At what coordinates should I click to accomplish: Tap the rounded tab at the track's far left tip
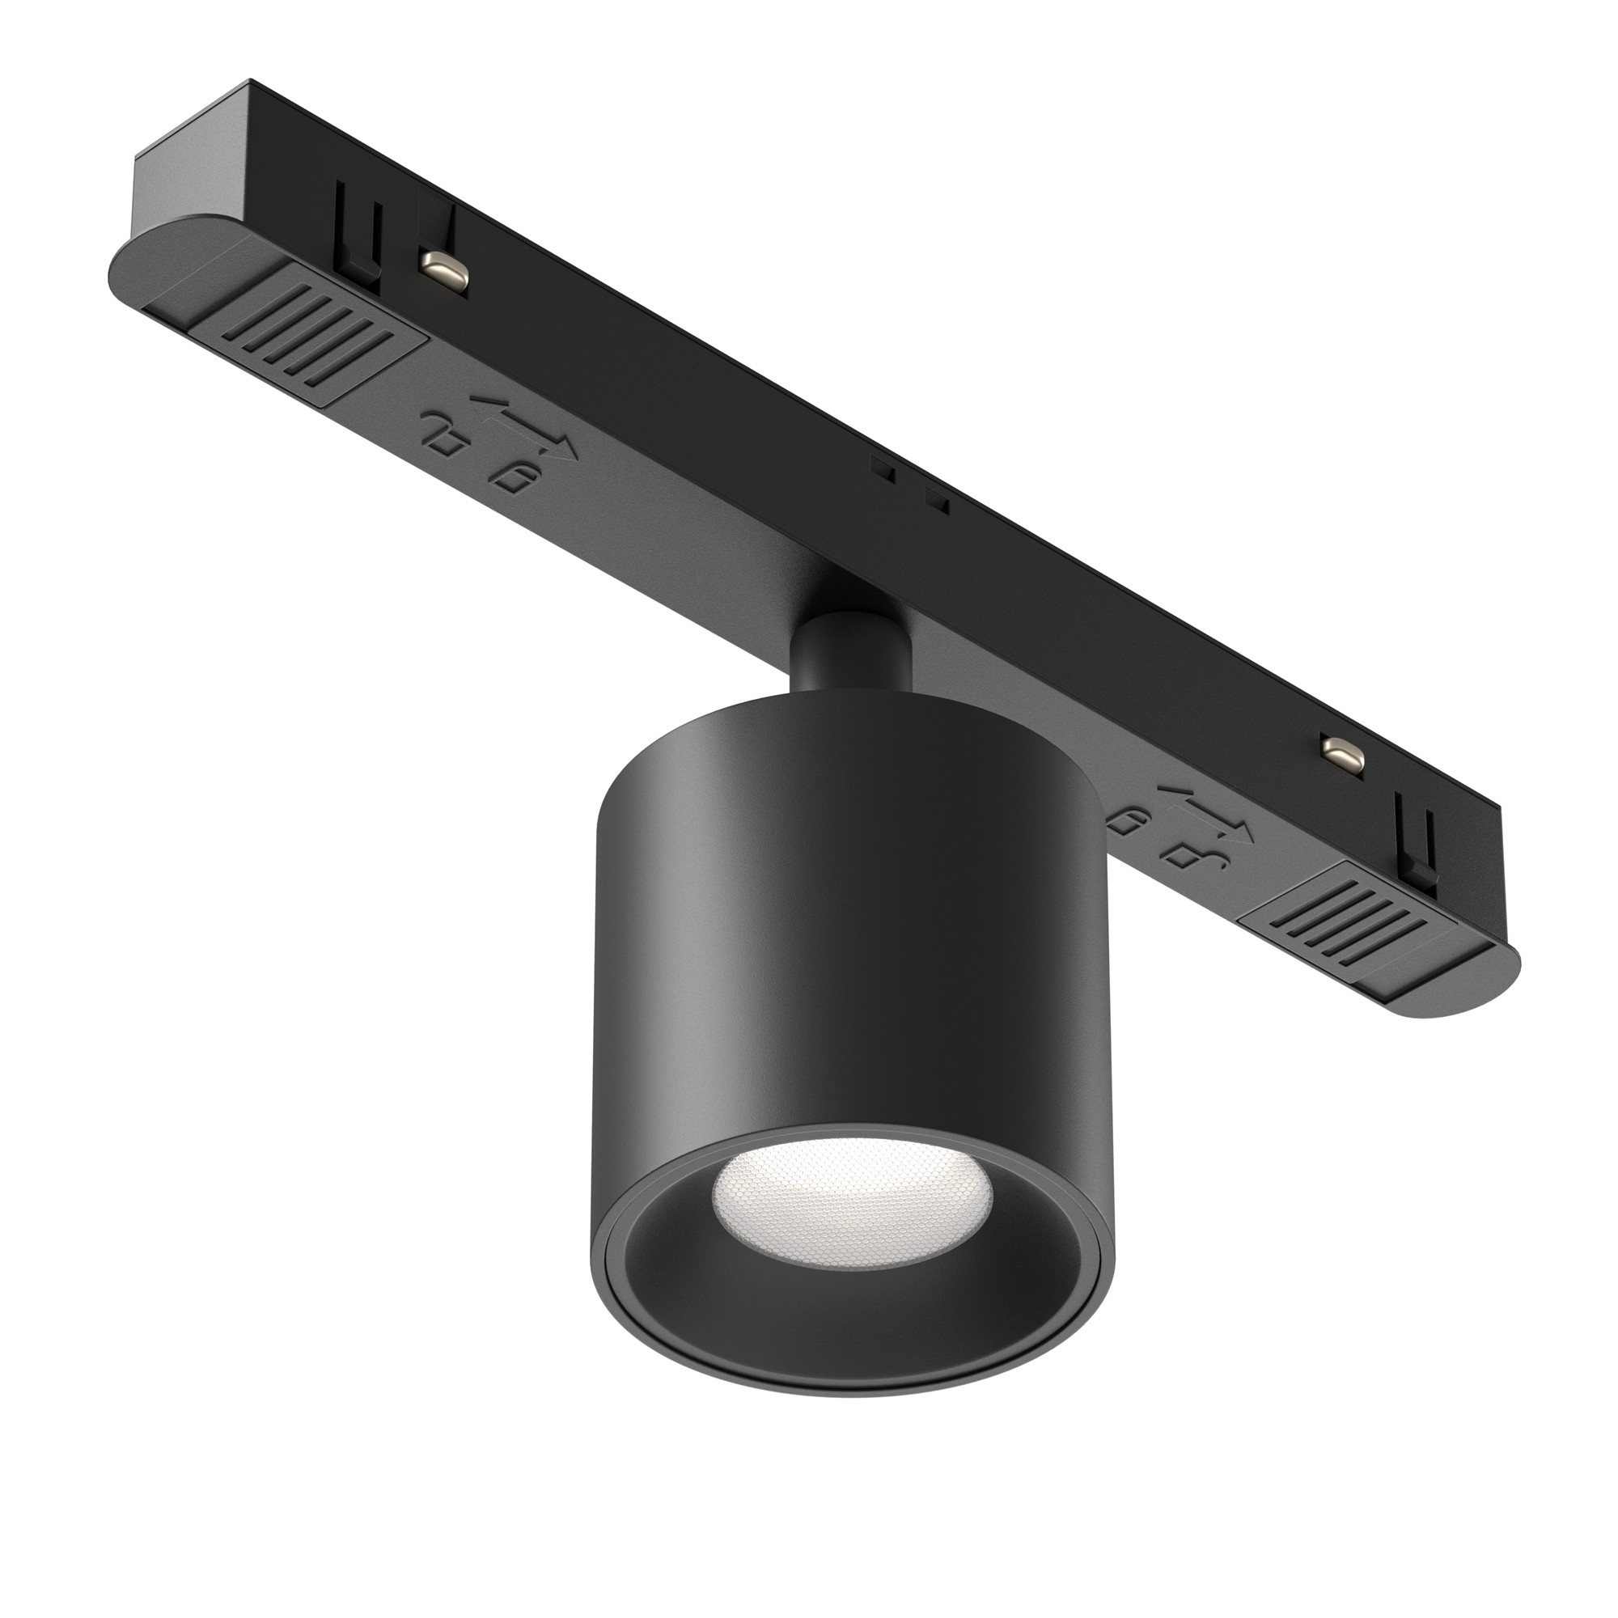coord(134,277)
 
